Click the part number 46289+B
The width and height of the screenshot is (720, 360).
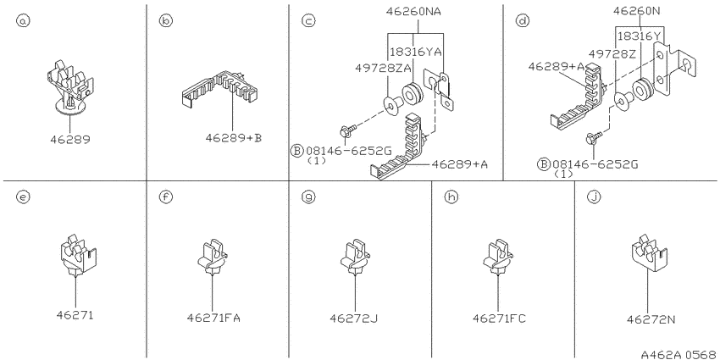(233, 137)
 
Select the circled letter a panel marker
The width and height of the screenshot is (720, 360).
(23, 20)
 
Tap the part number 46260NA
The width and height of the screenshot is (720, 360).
(413, 12)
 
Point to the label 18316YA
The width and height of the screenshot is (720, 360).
(416, 52)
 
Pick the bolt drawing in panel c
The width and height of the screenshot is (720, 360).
(347, 130)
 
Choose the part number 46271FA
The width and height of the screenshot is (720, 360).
(213, 318)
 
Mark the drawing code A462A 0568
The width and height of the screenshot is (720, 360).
(679, 354)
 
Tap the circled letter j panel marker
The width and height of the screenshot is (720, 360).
(594, 197)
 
